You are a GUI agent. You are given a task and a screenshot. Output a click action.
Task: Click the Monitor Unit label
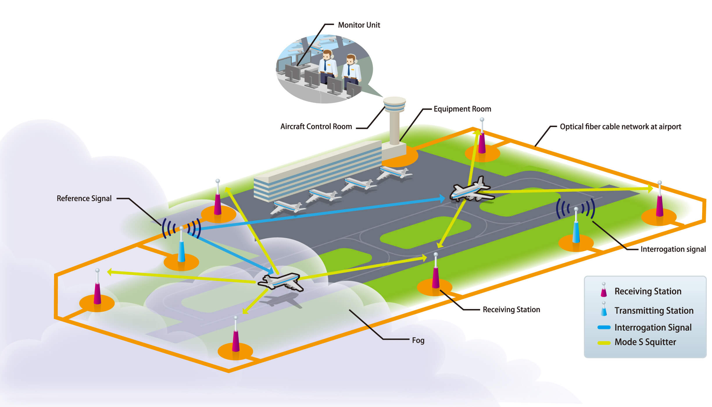pos(359,25)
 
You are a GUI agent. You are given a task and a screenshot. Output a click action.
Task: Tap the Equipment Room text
pos(462,109)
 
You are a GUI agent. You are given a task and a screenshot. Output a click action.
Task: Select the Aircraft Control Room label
pos(316,126)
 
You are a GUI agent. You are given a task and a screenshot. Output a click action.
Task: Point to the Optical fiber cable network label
pos(620,127)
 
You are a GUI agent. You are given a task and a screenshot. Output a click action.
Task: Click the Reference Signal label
pos(84,198)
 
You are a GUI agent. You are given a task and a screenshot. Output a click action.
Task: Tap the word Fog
pos(418,340)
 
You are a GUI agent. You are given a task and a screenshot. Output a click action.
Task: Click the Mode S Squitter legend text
pos(645,342)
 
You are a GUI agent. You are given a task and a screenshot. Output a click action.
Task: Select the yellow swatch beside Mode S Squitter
pos(604,343)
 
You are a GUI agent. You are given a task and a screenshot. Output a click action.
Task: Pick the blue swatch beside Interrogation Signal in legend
pos(604,328)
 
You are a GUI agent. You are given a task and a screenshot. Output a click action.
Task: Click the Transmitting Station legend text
pos(654,310)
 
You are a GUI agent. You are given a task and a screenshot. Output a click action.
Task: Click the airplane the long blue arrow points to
pos(471,190)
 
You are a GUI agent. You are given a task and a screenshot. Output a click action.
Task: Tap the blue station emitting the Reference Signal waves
pos(181,247)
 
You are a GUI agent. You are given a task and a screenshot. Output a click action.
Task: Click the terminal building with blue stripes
pos(317,172)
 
